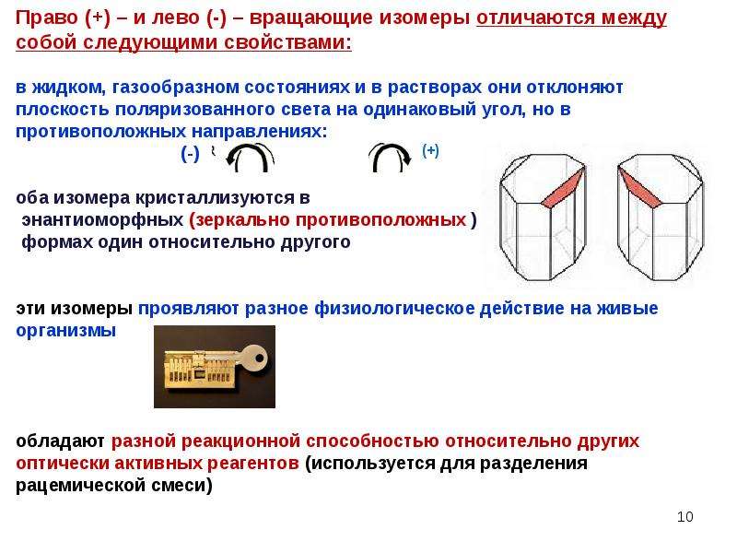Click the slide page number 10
pos(684,516)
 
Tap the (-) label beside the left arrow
pos(191,154)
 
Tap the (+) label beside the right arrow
pos(430,150)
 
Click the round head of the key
pos(254,359)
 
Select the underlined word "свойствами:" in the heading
pos(287,42)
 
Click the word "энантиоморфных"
pos(102,219)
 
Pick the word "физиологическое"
pos(394,309)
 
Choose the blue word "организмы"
pos(65,331)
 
